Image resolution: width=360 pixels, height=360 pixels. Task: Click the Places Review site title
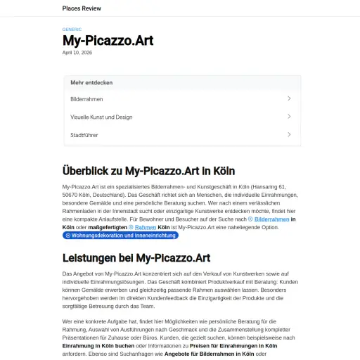[82, 8]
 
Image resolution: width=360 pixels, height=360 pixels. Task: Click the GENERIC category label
[72, 29]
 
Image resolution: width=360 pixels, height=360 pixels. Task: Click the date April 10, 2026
[77, 52]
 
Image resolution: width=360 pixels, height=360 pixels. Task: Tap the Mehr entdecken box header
[91, 82]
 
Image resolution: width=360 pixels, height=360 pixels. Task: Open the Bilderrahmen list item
[87, 99]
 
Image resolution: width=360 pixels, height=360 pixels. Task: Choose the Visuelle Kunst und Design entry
[101, 117]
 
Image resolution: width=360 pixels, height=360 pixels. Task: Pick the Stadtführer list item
[84, 135]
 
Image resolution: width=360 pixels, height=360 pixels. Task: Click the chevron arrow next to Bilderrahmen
[289, 98]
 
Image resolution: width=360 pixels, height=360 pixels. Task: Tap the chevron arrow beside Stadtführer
[289, 134]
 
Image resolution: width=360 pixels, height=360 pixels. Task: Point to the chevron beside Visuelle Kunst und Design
[289, 117]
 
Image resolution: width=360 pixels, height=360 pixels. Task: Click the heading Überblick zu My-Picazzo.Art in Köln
[148, 171]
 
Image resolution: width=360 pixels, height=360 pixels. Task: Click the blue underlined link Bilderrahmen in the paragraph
[271, 219]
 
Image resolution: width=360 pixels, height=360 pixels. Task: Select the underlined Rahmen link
[146, 228]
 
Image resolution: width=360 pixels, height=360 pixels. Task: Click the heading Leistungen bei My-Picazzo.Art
[136, 258]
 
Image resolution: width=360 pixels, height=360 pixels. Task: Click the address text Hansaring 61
[270, 186]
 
